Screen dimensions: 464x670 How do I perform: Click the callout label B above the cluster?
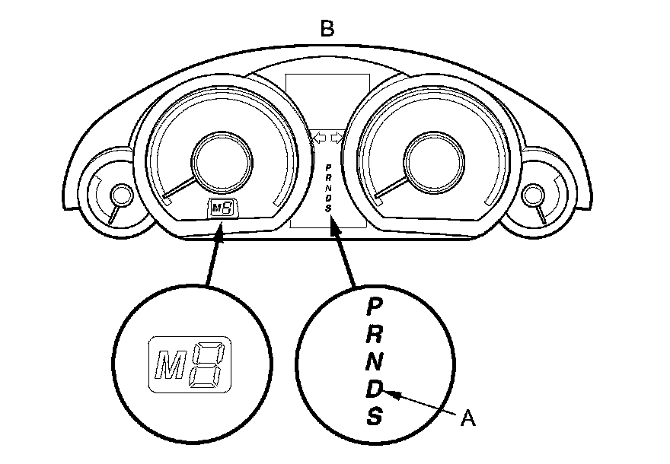pyautogui.click(x=327, y=29)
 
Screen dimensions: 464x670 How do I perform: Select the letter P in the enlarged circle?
pyautogui.click(x=374, y=307)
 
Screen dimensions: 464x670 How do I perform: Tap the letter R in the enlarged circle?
pyautogui.click(x=374, y=333)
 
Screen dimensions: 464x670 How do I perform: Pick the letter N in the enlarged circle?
pyautogui.click(x=374, y=361)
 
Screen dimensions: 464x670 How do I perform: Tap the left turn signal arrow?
pyautogui.click(x=318, y=137)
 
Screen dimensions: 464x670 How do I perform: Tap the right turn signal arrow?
pyautogui.click(x=338, y=137)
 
